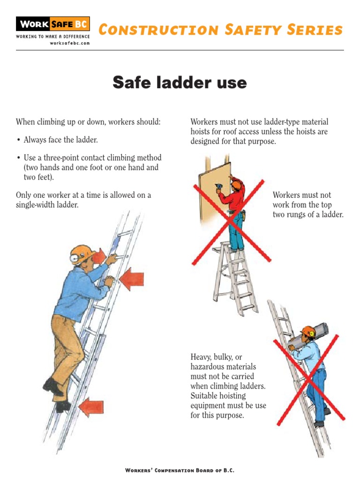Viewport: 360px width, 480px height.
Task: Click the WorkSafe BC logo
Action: pos(52,24)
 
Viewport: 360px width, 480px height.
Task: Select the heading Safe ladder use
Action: pos(180,83)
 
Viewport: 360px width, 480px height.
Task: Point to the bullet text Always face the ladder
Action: pos(60,140)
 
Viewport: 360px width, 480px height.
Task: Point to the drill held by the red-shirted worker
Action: pos(218,188)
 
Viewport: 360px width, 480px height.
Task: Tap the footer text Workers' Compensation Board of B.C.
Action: pos(180,470)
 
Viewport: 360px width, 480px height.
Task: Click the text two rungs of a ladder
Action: pos(308,215)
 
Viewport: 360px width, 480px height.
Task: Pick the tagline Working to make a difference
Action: pos(52,37)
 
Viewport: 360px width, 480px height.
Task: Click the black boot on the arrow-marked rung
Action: pos(63,405)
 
